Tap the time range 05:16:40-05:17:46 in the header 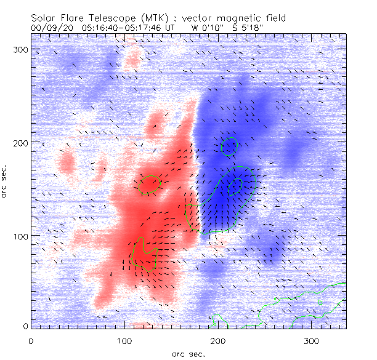coord(128,28)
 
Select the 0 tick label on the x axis coord(31,340)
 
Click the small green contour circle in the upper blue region coord(229,146)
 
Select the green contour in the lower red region coord(144,254)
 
